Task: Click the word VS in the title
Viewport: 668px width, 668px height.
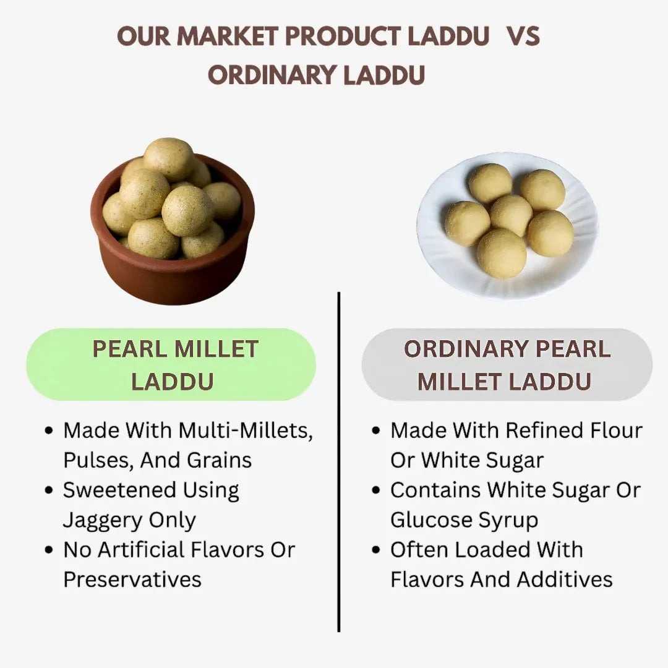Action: coord(523,37)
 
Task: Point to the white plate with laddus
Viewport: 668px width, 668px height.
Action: coord(507,226)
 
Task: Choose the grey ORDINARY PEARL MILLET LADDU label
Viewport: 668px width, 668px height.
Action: coord(507,365)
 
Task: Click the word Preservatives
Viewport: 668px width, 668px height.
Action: coord(132,580)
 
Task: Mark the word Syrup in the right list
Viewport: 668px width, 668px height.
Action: coord(507,520)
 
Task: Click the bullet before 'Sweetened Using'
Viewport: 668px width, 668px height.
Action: coord(49,490)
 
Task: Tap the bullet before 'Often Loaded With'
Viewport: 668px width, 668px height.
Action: coord(375,550)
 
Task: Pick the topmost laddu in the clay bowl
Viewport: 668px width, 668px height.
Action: coord(169,158)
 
